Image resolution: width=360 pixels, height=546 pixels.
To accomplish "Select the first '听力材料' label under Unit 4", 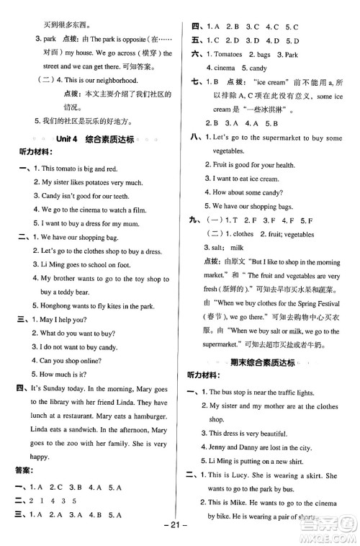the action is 36,153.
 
